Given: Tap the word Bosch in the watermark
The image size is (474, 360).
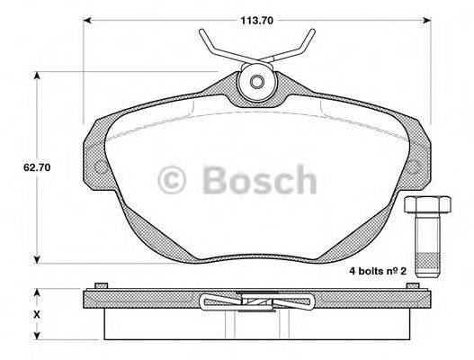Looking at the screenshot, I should point(259,182).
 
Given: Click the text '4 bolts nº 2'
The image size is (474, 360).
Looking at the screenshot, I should point(381,270).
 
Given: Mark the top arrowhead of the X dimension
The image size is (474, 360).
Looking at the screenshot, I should point(37,294).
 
